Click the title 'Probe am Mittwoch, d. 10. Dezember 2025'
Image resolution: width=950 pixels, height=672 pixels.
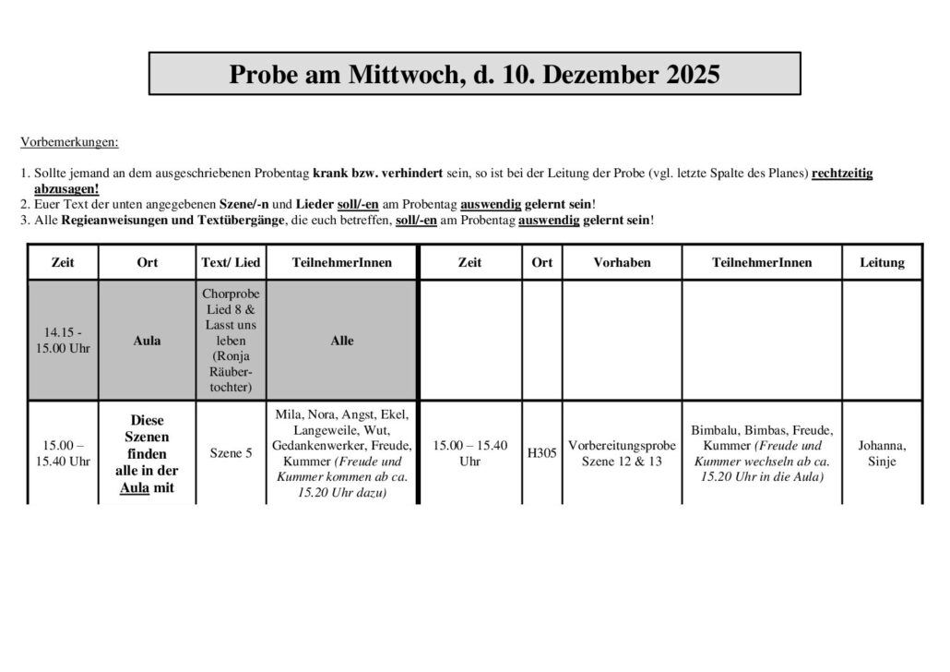474,74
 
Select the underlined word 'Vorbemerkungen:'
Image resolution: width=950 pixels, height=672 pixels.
69,143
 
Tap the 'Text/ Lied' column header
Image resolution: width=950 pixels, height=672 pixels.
231,263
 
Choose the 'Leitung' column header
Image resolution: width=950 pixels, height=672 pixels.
882,263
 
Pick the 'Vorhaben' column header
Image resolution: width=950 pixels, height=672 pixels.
622,263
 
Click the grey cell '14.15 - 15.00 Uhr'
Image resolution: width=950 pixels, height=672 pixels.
63,341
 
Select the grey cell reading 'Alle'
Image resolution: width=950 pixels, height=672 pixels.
342,341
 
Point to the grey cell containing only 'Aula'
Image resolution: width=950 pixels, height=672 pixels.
147,341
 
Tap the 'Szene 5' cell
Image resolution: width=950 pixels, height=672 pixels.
231,453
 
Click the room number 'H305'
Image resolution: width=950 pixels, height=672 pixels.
542,453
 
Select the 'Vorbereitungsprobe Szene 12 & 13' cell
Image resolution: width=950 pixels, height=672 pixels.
622,453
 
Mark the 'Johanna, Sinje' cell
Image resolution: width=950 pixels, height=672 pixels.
882,453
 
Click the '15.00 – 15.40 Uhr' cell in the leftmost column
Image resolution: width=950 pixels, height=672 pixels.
63,453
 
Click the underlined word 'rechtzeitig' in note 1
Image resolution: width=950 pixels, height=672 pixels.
842,174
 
